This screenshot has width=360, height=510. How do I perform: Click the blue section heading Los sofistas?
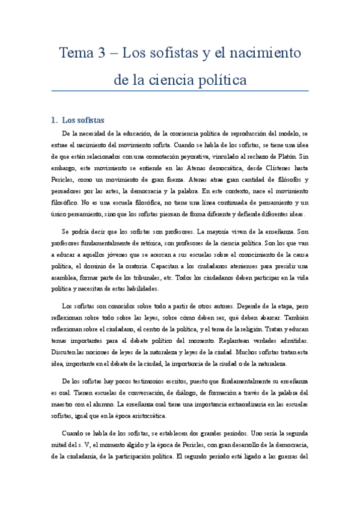84,120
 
